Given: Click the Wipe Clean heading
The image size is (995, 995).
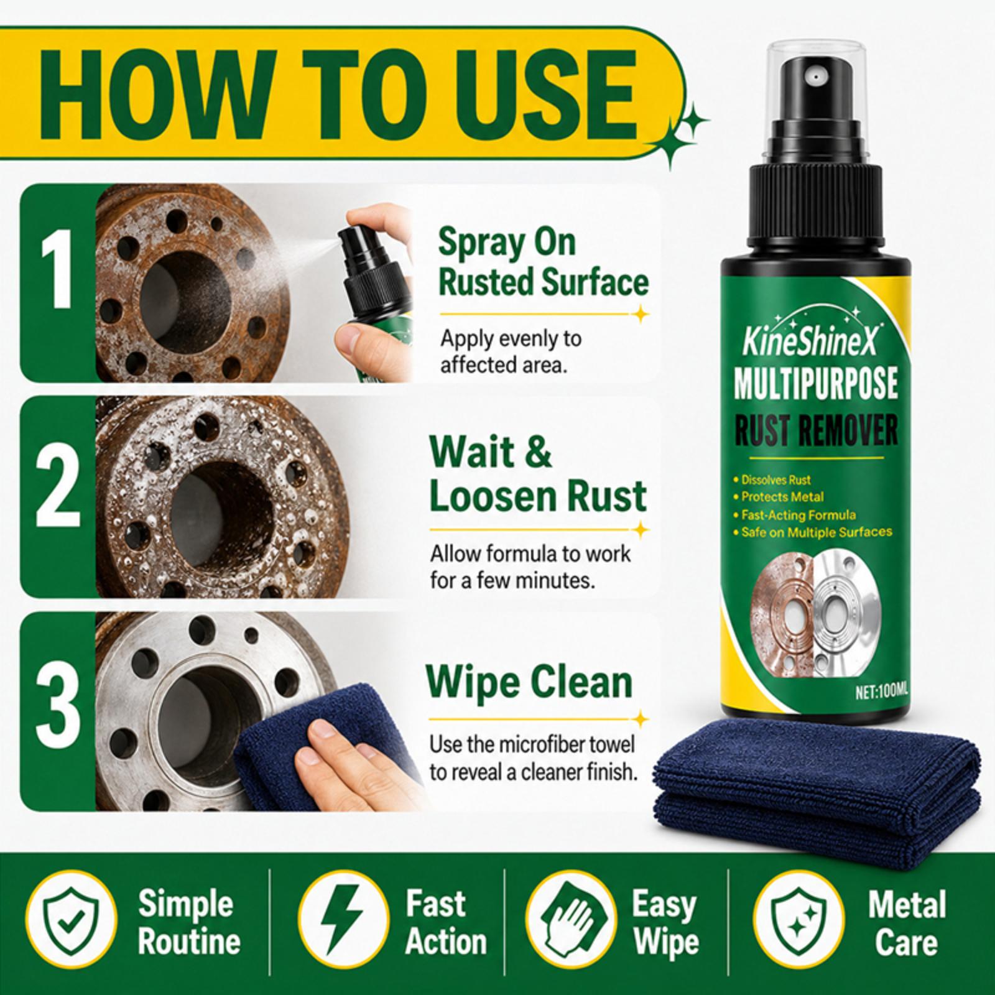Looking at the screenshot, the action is click(529, 682).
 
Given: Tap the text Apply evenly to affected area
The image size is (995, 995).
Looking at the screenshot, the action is click(510, 351).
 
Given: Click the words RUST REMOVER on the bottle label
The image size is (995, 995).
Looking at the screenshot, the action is click(814, 430).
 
